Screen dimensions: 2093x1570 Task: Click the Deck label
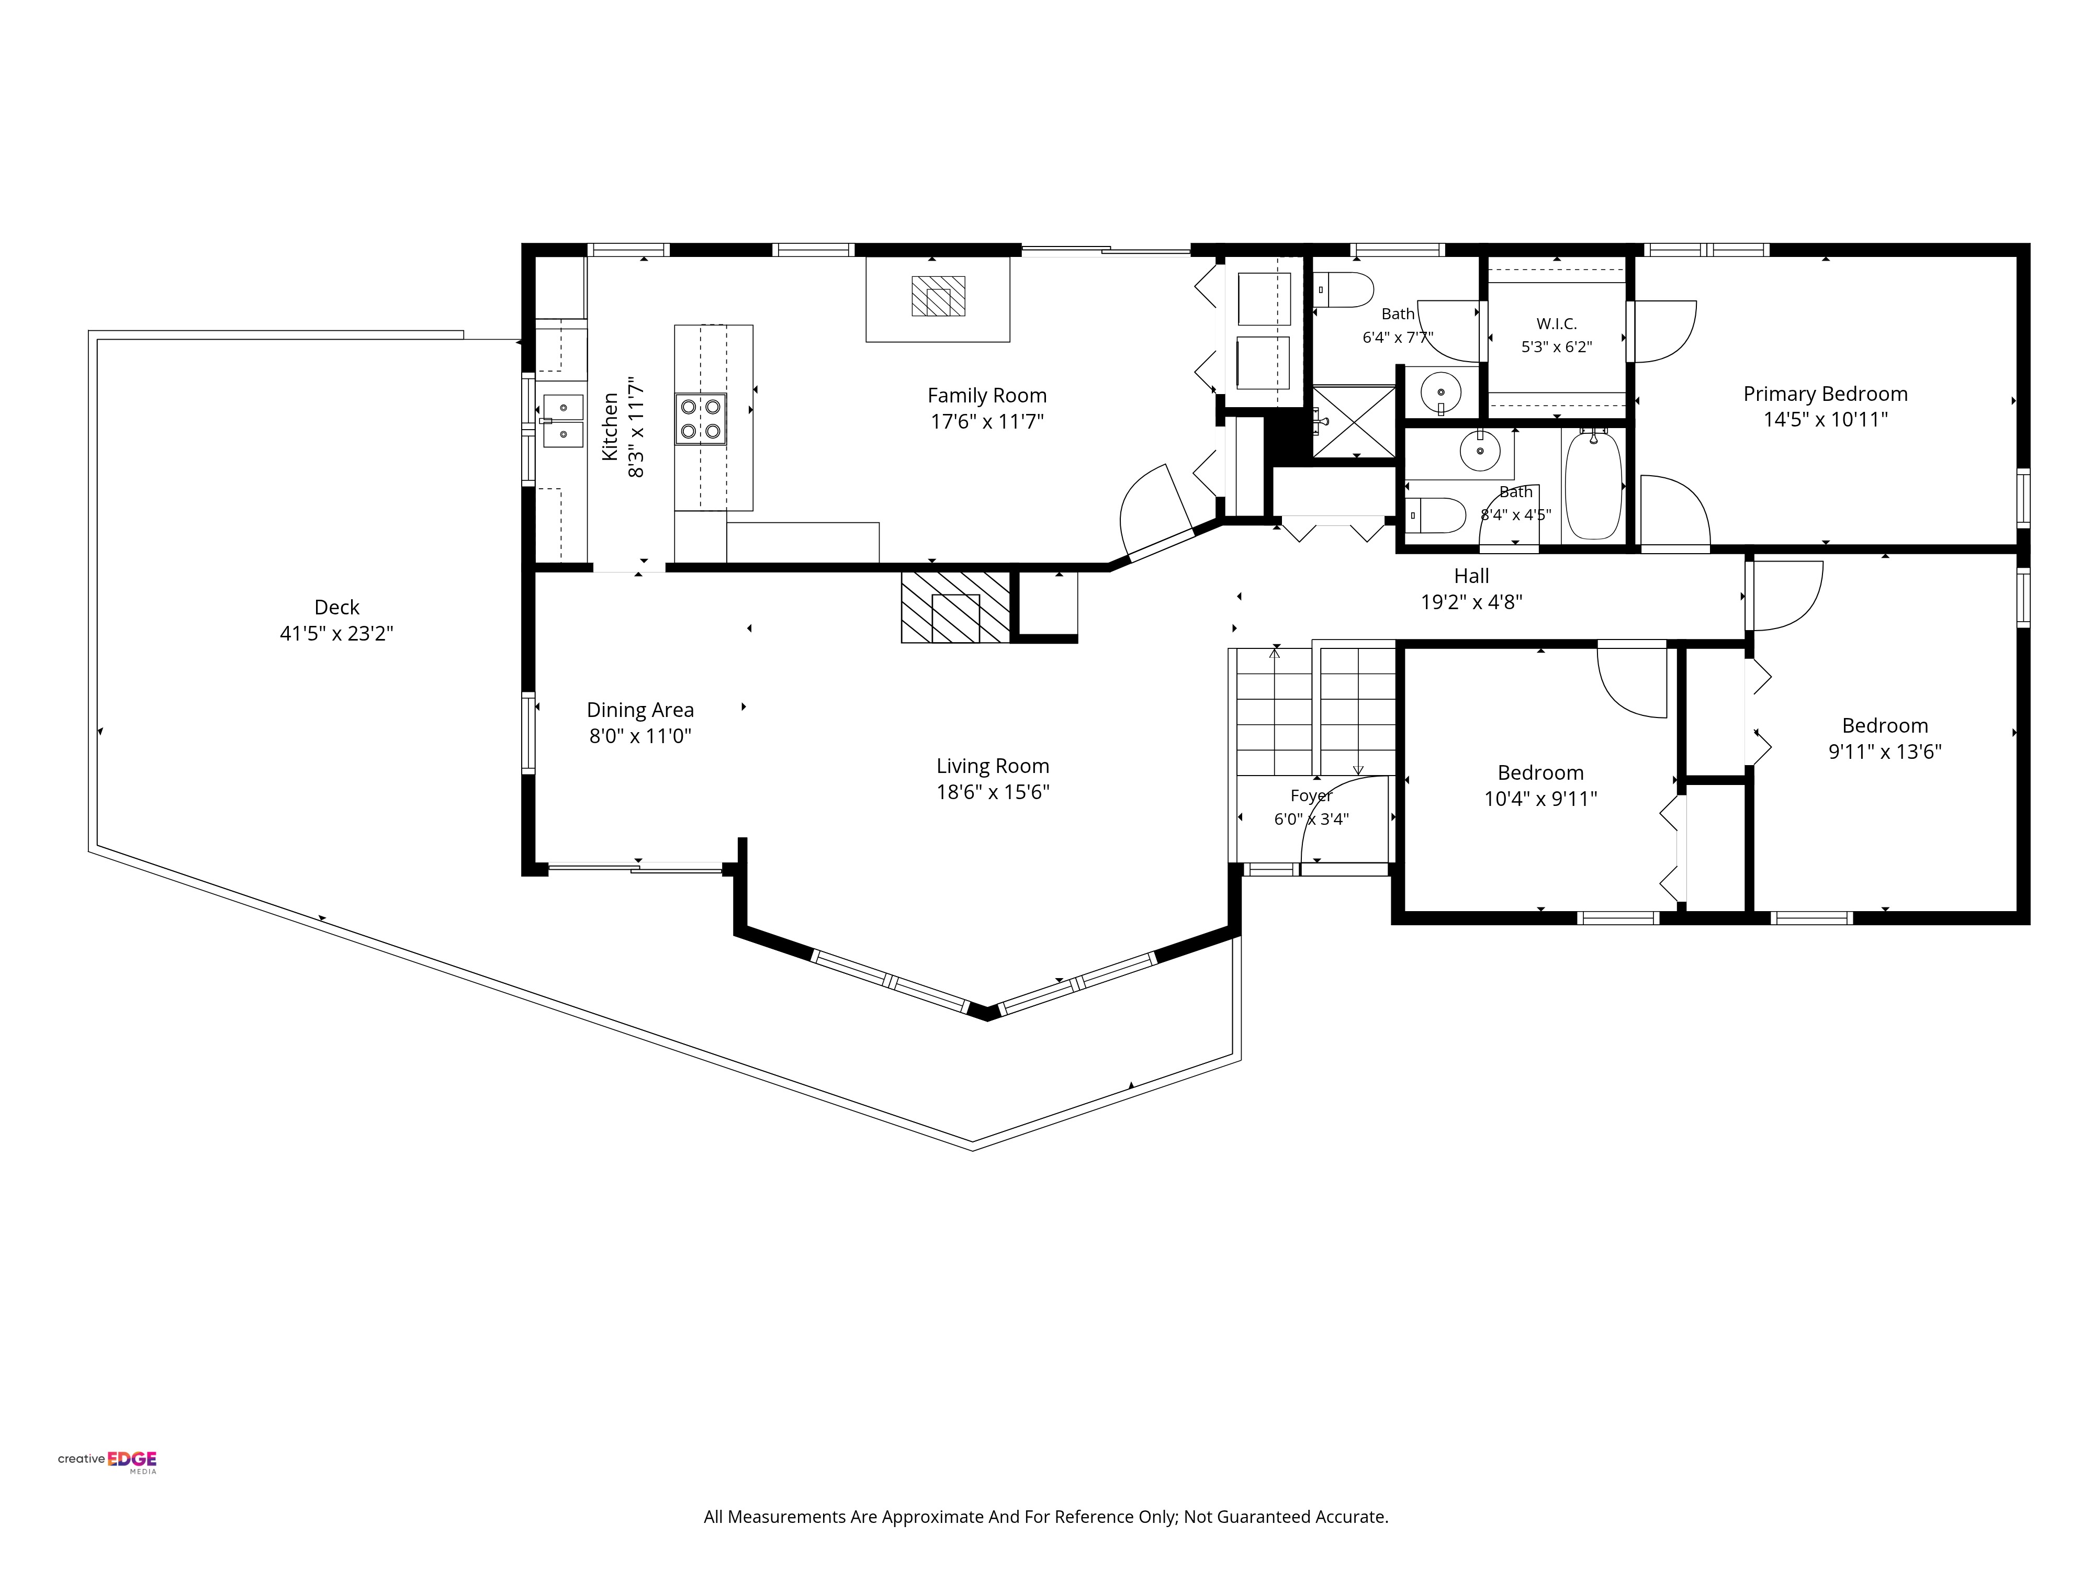click(337, 608)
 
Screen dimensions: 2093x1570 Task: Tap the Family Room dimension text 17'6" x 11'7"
click(987, 421)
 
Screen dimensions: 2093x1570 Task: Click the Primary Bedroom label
click(1825, 394)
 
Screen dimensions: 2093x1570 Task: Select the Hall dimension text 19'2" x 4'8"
click(1471, 602)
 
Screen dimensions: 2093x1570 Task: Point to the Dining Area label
click(640, 710)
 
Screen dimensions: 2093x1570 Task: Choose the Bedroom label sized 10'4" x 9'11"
click(1540, 773)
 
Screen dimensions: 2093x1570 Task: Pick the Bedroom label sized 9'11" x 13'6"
click(1885, 726)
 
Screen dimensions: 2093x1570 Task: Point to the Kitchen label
click(610, 427)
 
